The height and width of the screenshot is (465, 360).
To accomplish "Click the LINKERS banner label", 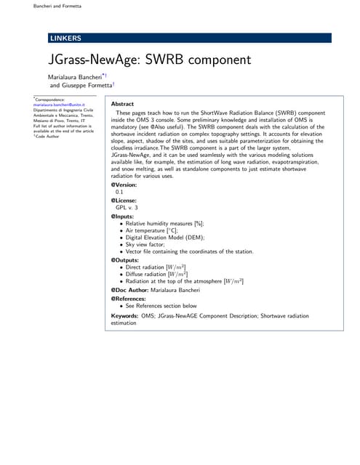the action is pyautogui.click(x=65, y=38).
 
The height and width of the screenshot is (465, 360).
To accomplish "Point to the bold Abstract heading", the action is pyautogui.click(x=121, y=105).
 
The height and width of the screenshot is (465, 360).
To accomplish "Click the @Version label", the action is pyautogui.click(x=123, y=184).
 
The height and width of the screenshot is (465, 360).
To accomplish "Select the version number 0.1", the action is pyautogui.click(x=119, y=192).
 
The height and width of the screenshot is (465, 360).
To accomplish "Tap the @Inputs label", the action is pyautogui.click(x=121, y=216).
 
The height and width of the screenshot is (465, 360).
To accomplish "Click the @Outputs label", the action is pyautogui.click(x=124, y=259).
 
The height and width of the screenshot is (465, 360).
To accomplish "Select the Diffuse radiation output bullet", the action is pyautogui.click(x=156, y=274).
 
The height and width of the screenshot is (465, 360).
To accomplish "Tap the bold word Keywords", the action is pyautogui.click(x=124, y=316).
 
